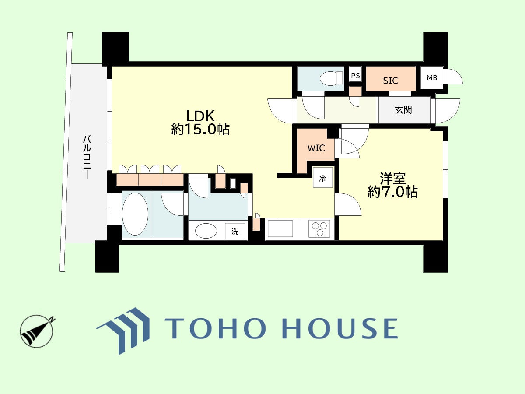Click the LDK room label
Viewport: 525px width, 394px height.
coord(200,116)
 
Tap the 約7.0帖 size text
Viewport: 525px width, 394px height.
coord(392,192)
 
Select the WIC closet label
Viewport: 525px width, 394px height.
coord(316,148)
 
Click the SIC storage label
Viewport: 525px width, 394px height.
coord(390,81)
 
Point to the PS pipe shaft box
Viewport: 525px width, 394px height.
coord(355,76)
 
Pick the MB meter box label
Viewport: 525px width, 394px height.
coord(432,78)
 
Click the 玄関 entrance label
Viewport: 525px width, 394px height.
coord(403,110)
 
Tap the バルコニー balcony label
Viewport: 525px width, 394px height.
coord(87,156)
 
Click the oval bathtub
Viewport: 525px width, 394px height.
coord(135,214)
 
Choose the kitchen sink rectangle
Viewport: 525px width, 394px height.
coord(280,229)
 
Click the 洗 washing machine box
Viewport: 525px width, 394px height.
coord(235,231)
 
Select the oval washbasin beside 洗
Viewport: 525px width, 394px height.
coord(206,231)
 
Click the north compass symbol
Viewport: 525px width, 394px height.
coord(37,331)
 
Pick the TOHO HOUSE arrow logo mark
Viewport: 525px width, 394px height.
coord(123,331)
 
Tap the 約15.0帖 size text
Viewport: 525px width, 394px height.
coord(200,130)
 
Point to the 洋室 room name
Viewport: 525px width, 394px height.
coord(392,179)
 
